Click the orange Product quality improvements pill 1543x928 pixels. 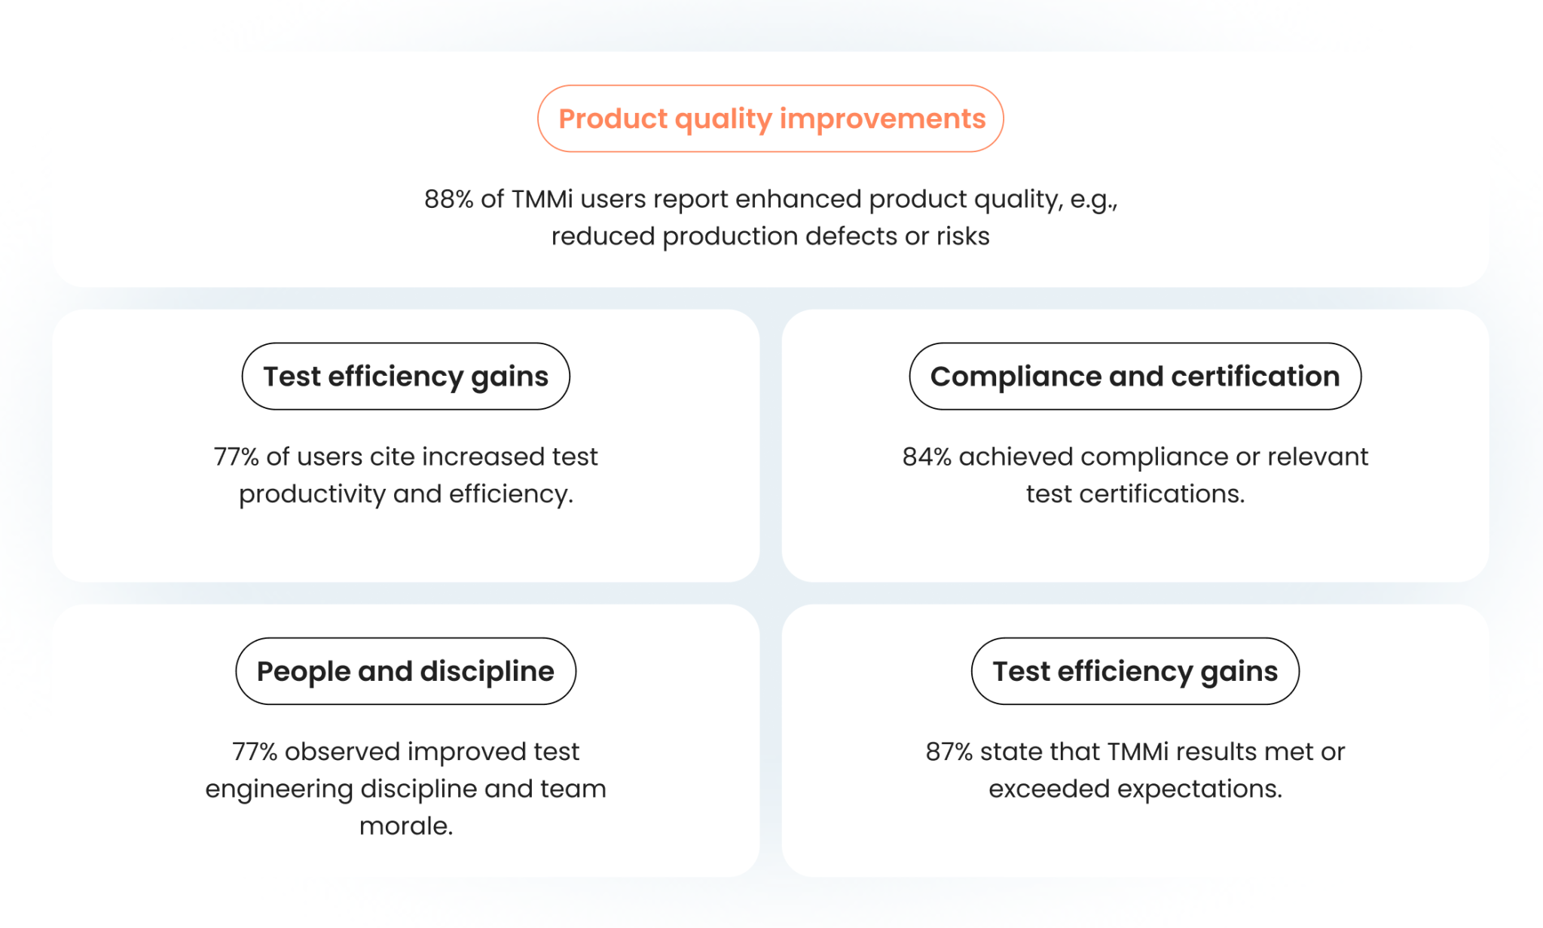(x=771, y=119)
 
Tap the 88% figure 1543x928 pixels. (x=448, y=199)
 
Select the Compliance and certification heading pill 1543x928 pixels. (x=1135, y=377)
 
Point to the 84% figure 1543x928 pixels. (x=927, y=456)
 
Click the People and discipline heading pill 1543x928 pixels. (x=405, y=671)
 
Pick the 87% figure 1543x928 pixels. (x=949, y=752)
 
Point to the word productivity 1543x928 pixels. (x=312, y=495)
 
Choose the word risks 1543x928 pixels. (x=963, y=237)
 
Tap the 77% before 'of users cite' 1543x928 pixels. (x=236, y=456)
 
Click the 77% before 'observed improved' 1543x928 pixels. (x=255, y=752)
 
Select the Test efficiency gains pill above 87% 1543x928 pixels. (x=1135, y=671)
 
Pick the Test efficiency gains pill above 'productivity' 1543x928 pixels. (x=405, y=377)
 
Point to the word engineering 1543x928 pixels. (x=279, y=789)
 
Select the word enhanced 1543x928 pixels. (x=798, y=199)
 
